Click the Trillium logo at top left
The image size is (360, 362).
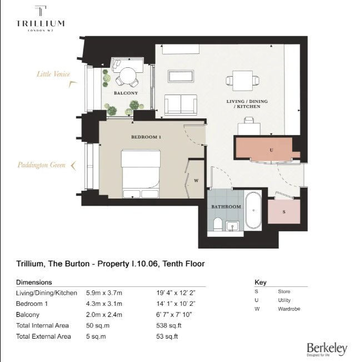40,19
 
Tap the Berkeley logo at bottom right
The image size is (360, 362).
327,349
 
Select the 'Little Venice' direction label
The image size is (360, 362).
53,73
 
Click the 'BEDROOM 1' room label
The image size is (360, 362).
146,137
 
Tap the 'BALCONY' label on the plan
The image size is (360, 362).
126,93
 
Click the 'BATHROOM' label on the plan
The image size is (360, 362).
226,207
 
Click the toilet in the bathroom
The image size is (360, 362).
218,224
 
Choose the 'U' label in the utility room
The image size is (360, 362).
271,150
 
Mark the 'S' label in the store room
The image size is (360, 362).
284,212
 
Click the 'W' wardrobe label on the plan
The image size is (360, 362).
196,180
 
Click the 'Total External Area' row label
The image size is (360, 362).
44,336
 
